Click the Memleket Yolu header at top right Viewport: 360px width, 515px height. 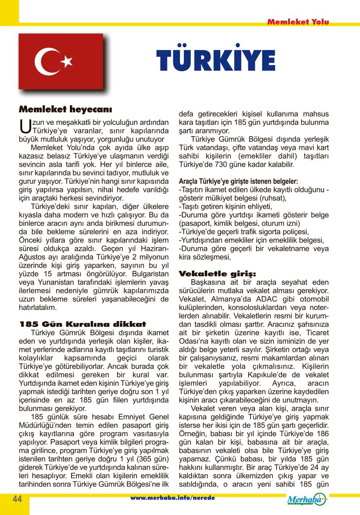tap(298, 22)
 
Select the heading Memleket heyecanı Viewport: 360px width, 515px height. tap(65, 109)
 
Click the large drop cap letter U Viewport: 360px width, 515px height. tap(25, 126)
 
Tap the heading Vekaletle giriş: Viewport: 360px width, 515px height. tap(217, 273)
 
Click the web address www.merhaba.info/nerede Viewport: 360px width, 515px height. tap(173, 498)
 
